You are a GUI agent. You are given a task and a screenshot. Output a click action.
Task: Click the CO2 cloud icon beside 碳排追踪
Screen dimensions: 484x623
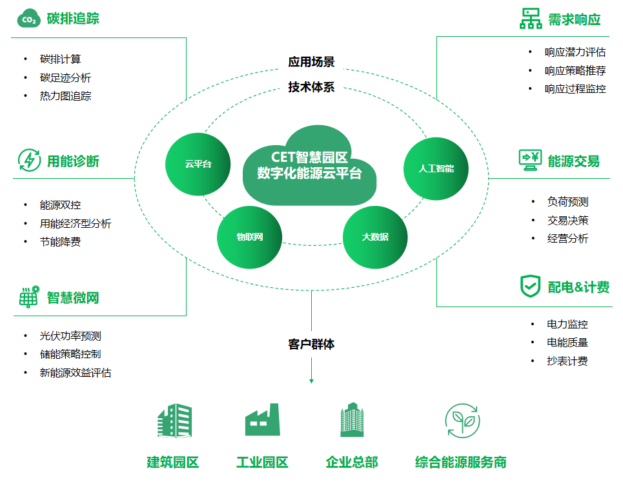28,19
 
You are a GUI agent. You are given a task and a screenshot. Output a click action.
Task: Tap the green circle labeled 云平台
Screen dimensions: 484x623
198,165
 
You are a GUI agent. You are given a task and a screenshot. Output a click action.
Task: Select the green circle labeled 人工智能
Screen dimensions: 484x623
436,168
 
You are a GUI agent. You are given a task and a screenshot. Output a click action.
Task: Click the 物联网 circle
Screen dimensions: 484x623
250,237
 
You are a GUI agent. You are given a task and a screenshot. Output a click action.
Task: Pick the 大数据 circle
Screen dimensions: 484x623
375,237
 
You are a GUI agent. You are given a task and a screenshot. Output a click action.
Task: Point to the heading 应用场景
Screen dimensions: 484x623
311,63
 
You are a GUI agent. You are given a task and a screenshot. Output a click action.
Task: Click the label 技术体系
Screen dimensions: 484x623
311,87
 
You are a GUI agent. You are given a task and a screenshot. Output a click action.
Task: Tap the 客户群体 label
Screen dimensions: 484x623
311,344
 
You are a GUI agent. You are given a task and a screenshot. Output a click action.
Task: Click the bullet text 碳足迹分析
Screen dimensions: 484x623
65,78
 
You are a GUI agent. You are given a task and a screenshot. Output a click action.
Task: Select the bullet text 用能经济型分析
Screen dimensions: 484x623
76,224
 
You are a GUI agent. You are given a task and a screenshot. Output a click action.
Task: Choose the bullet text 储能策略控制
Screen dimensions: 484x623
70,354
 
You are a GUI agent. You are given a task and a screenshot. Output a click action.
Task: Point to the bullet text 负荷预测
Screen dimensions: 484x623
567,202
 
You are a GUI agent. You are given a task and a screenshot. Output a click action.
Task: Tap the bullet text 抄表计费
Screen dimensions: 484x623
567,361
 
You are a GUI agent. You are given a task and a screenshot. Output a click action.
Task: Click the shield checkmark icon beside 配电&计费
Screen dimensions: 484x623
530,286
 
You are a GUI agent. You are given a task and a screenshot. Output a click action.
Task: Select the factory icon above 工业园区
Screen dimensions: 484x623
261,420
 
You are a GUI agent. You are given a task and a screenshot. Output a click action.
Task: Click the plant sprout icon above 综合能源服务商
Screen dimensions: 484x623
462,420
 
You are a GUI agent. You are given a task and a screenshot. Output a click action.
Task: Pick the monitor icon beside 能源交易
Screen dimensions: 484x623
530,159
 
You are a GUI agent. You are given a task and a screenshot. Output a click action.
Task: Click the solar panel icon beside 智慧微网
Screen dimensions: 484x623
29,297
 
